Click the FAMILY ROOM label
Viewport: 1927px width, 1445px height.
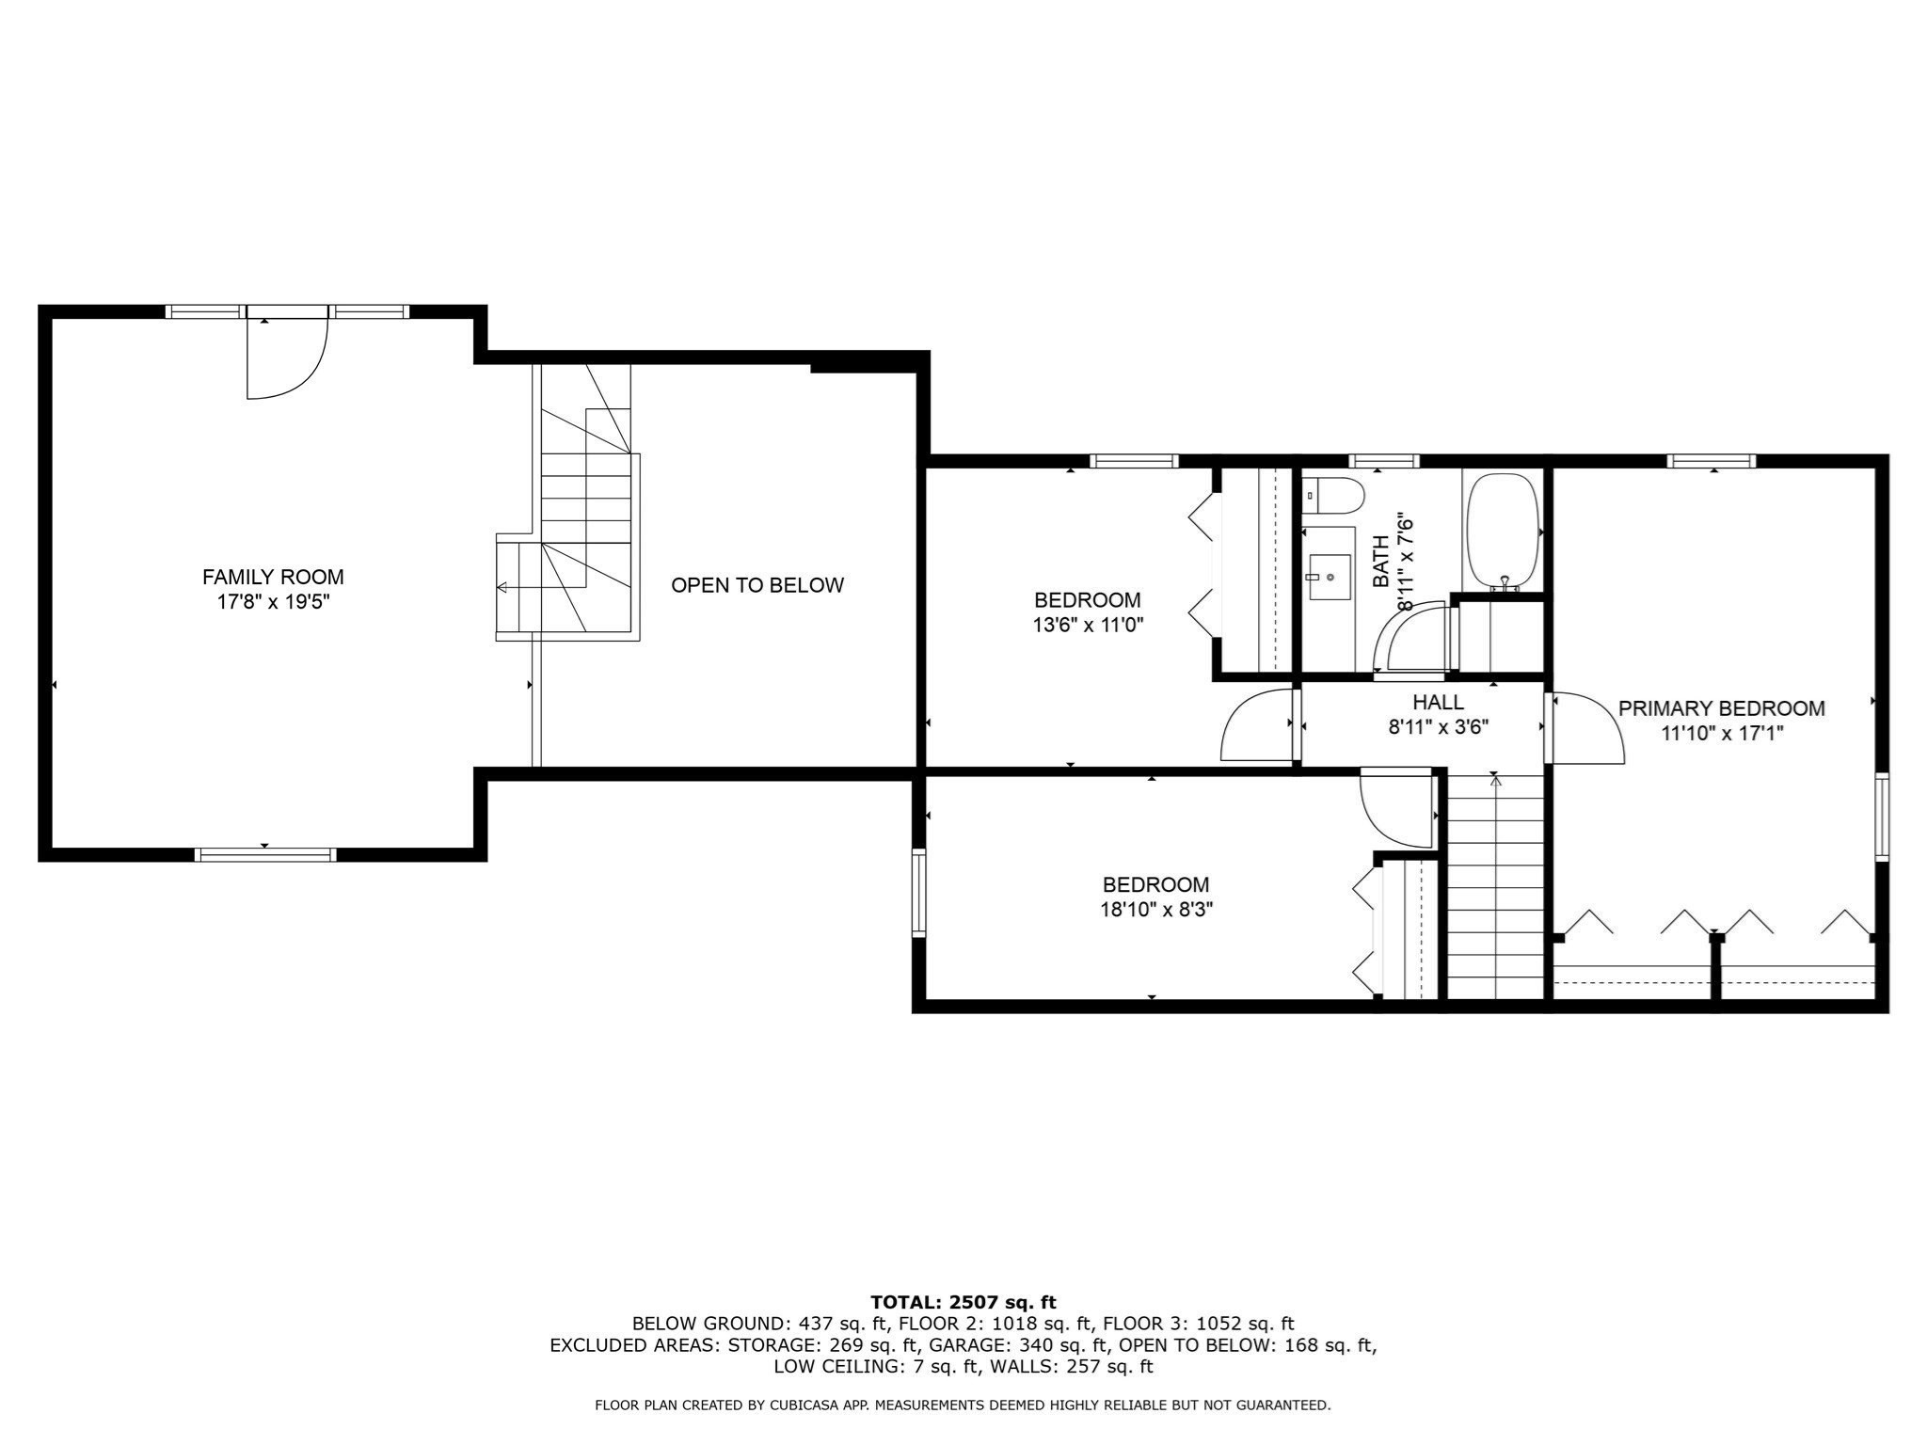click(273, 577)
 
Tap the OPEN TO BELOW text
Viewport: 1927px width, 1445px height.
click(756, 585)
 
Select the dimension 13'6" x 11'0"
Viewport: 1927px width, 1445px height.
click(1088, 625)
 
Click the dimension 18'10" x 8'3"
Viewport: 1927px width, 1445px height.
click(1155, 910)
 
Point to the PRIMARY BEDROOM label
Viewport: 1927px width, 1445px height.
click(1721, 708)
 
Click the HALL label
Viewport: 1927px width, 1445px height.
click(1438, 702)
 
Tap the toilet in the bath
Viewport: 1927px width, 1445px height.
click(1334, 495)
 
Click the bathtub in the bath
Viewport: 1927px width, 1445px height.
click(1503, 532)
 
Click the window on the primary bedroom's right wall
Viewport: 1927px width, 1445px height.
click(1881, 817)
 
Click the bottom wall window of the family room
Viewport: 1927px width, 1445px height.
click(265, 854)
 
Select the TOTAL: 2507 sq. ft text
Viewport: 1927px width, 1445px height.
click(963, 1303)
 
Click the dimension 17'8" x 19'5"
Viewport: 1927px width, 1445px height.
click(273, 602)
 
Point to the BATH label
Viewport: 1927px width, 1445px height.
click(1380, 562)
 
